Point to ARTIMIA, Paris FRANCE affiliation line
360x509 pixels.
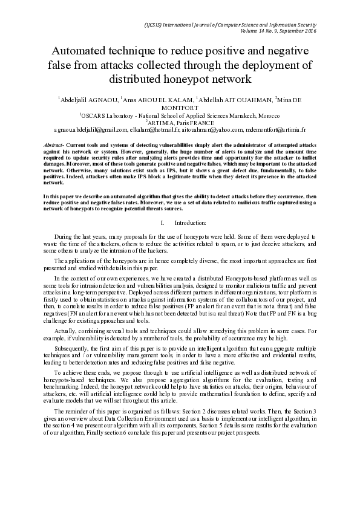tap(180, 122)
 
